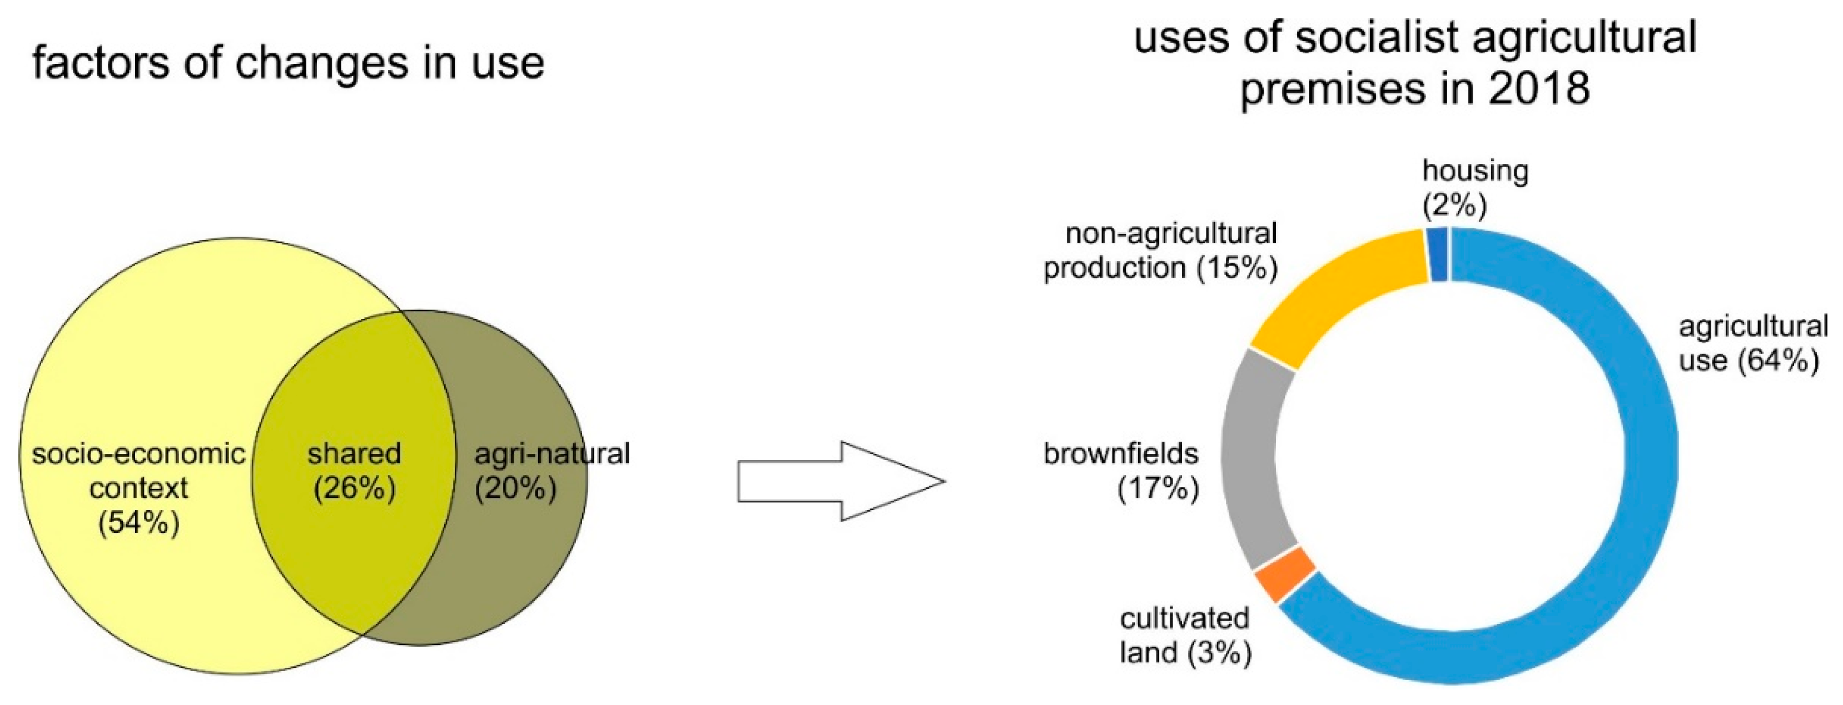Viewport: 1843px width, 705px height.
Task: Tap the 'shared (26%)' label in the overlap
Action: (x=354, y=471)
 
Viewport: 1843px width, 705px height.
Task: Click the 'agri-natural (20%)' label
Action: (x=551, y=471)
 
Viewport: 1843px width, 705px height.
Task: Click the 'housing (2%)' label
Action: (x=1474, y=187)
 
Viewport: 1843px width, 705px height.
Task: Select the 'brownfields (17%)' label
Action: (x=1121, y=471)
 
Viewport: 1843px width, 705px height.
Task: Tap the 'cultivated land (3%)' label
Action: (x=1185, y=635)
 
